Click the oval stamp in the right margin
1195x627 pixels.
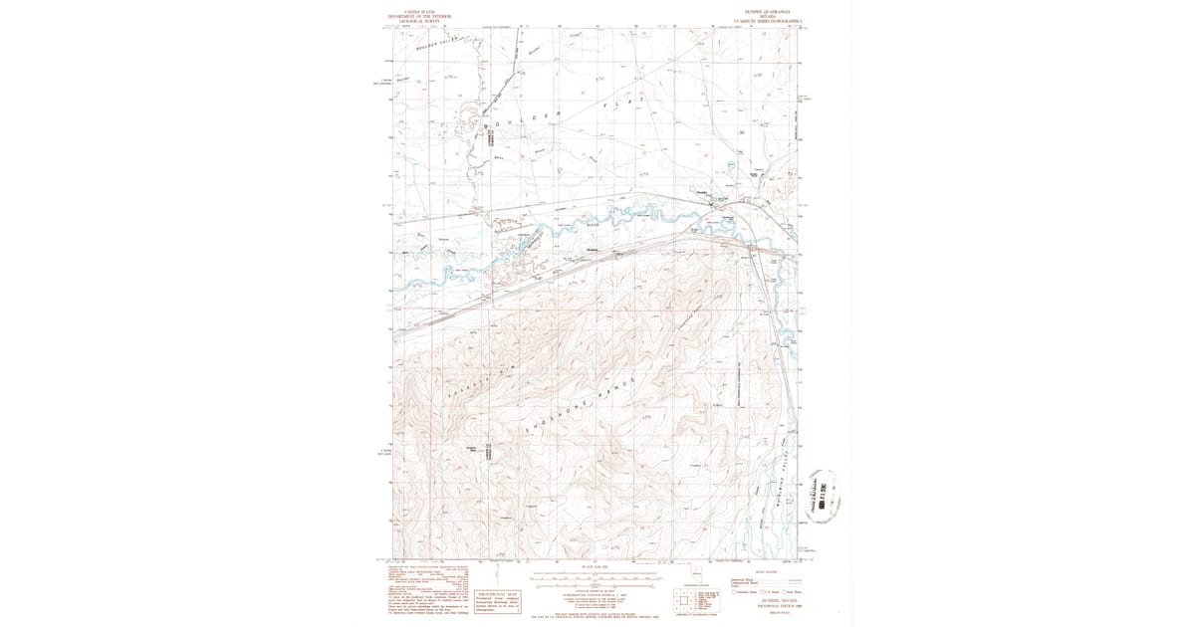(823, 495)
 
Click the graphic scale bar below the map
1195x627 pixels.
(597, 578)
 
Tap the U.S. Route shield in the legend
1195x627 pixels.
(763, 592)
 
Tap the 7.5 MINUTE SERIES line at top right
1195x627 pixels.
(767, 23)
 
